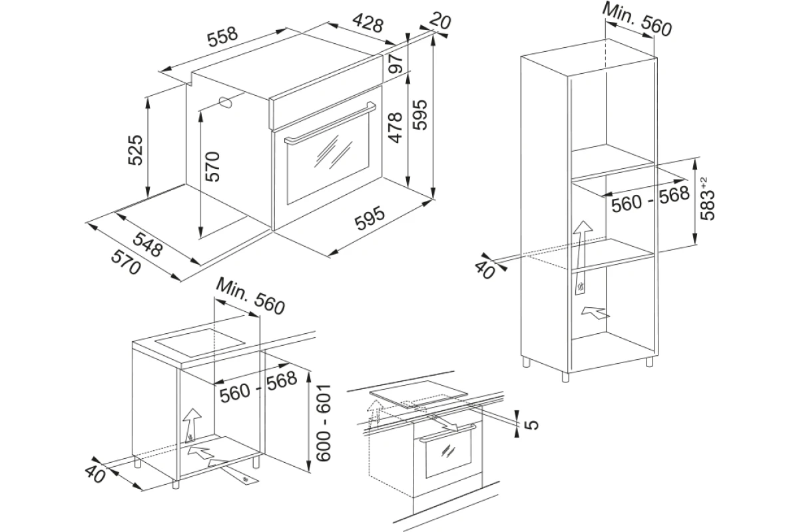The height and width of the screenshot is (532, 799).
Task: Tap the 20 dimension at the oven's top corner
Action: click(x=440, y=21)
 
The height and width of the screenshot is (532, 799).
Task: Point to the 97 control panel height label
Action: click(x=396, y=63)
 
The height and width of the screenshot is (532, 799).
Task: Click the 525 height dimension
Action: click(x=135, y=150)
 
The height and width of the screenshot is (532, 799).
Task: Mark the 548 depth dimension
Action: click(x=148, y=245)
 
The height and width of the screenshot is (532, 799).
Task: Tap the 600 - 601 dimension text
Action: click(x=324, y=423)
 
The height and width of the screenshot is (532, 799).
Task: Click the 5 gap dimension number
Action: click(x=532, y=424)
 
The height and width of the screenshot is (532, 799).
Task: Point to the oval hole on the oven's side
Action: click(x=226, y=102)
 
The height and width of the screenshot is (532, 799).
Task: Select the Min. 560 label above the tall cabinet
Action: click(x=637, y=20)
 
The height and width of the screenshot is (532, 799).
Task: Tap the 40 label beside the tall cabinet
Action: click(x=485, y=271)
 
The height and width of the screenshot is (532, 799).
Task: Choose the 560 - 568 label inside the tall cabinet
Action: click(x=651, y=199)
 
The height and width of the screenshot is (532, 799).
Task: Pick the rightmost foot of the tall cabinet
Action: click(x=650, y=361)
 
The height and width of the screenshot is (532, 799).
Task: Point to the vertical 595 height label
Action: click(x=419, y=115)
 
